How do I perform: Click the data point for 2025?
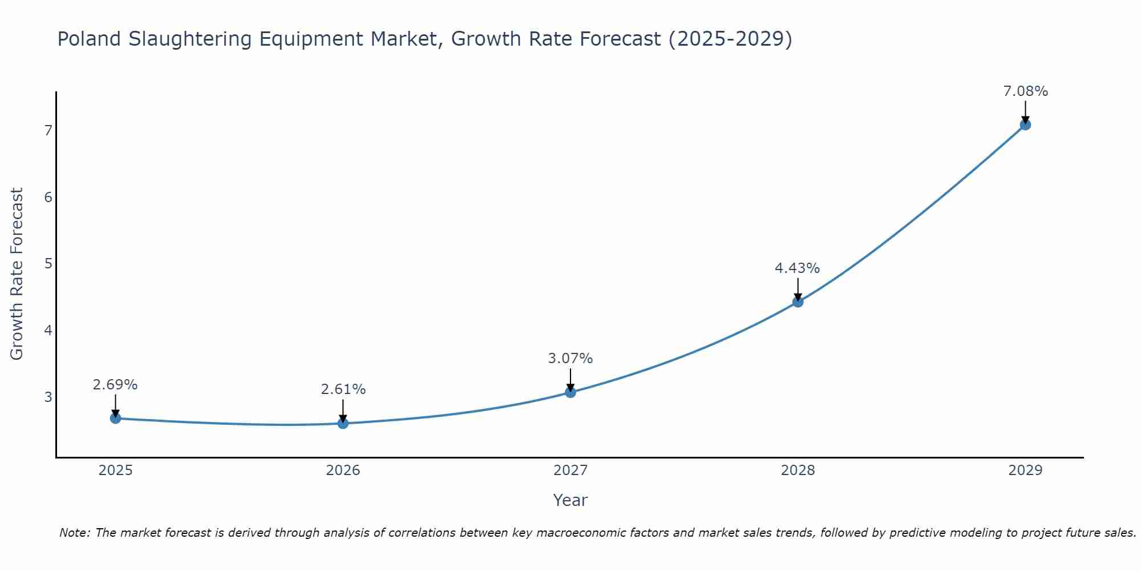(115, 418)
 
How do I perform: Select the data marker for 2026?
(343, 423)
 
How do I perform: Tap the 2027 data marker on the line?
(570, 392)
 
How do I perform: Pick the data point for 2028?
(798, 301)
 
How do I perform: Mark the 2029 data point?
(1025, 124)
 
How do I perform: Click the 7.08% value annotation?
(1025, 91)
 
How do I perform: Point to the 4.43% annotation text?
(797, 268)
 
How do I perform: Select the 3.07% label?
(570, 359)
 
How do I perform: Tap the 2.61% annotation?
(343, 389)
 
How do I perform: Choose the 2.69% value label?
(115, 385)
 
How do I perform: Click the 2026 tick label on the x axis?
(343, 471)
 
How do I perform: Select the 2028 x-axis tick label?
(798, 471)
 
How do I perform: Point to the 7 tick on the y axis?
(48, 131)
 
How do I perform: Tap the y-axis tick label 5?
(48, 264)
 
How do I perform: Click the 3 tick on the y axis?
(48, 397)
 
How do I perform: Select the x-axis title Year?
(570, 500)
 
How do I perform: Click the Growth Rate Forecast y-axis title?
(17, 274)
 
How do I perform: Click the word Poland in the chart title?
(89, 39)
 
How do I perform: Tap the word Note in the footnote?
(74, 533)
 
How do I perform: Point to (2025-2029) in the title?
(730, 39)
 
